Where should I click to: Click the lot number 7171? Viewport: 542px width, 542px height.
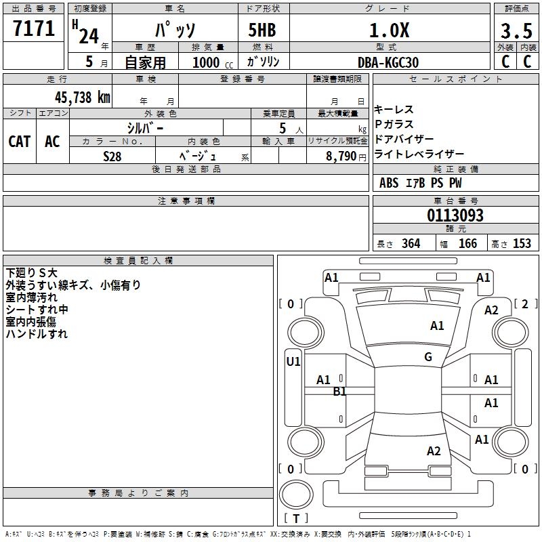click(x=35, y=30)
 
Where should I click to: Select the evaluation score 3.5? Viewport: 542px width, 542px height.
click(x=515, y=30)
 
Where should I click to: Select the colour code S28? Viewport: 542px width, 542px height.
click(x=112, y=155)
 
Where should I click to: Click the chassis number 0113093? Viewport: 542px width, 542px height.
click(x=455, y=215)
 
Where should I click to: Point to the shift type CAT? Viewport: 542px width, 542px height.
click(x=19, y=142)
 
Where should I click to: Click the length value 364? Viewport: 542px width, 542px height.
click(x=411, y=244)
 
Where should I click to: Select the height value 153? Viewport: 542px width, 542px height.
click(x=522, y=244)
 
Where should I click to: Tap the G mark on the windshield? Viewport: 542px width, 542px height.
click(x=428, y=357)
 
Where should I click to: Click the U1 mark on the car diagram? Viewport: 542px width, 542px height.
click(x=293, y=362)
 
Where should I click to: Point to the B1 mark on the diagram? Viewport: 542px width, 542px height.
click(x=339, y=391)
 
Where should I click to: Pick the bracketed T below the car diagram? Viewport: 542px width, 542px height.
click(x=295, y=519)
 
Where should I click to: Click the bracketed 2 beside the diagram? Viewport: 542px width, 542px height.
click(x=525, y=304)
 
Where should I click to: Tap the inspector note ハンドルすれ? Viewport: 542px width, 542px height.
click(x=37, y=334)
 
